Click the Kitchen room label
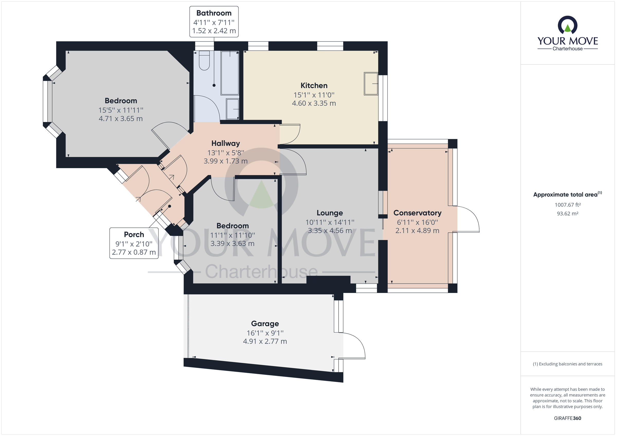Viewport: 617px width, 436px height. pos(314,85)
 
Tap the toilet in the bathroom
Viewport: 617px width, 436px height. pos(204,61)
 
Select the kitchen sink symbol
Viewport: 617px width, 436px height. pos(371,83)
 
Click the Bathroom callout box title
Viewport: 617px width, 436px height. pos(214,13)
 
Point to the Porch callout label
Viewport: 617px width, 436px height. pos(134,234)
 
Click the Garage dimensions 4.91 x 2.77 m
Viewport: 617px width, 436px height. pos(265,341)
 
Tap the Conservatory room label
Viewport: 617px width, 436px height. pos(417,213)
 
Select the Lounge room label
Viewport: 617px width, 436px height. pos(330,213)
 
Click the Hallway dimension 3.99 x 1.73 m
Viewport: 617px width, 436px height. pos(225,161)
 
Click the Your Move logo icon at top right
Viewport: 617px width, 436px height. pos(567,25)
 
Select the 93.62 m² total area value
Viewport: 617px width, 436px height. pos(567,214)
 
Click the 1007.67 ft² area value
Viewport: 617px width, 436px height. pos(567,205)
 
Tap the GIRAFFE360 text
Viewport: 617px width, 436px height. pos(567,418)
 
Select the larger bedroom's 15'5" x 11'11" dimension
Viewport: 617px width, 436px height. pos(121,110)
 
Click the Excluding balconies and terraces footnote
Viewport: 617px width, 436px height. pos(567,364)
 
